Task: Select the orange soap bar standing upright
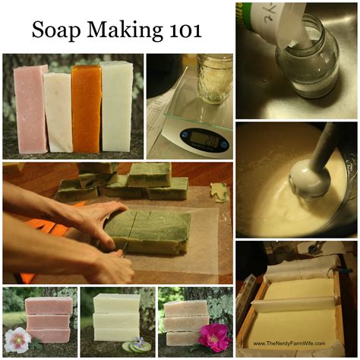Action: [x=86, y=108]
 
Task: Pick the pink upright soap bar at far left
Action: [x=31, y=108]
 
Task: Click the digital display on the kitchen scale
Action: [x=203, y=137]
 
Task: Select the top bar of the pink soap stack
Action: [x=49, y=305]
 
